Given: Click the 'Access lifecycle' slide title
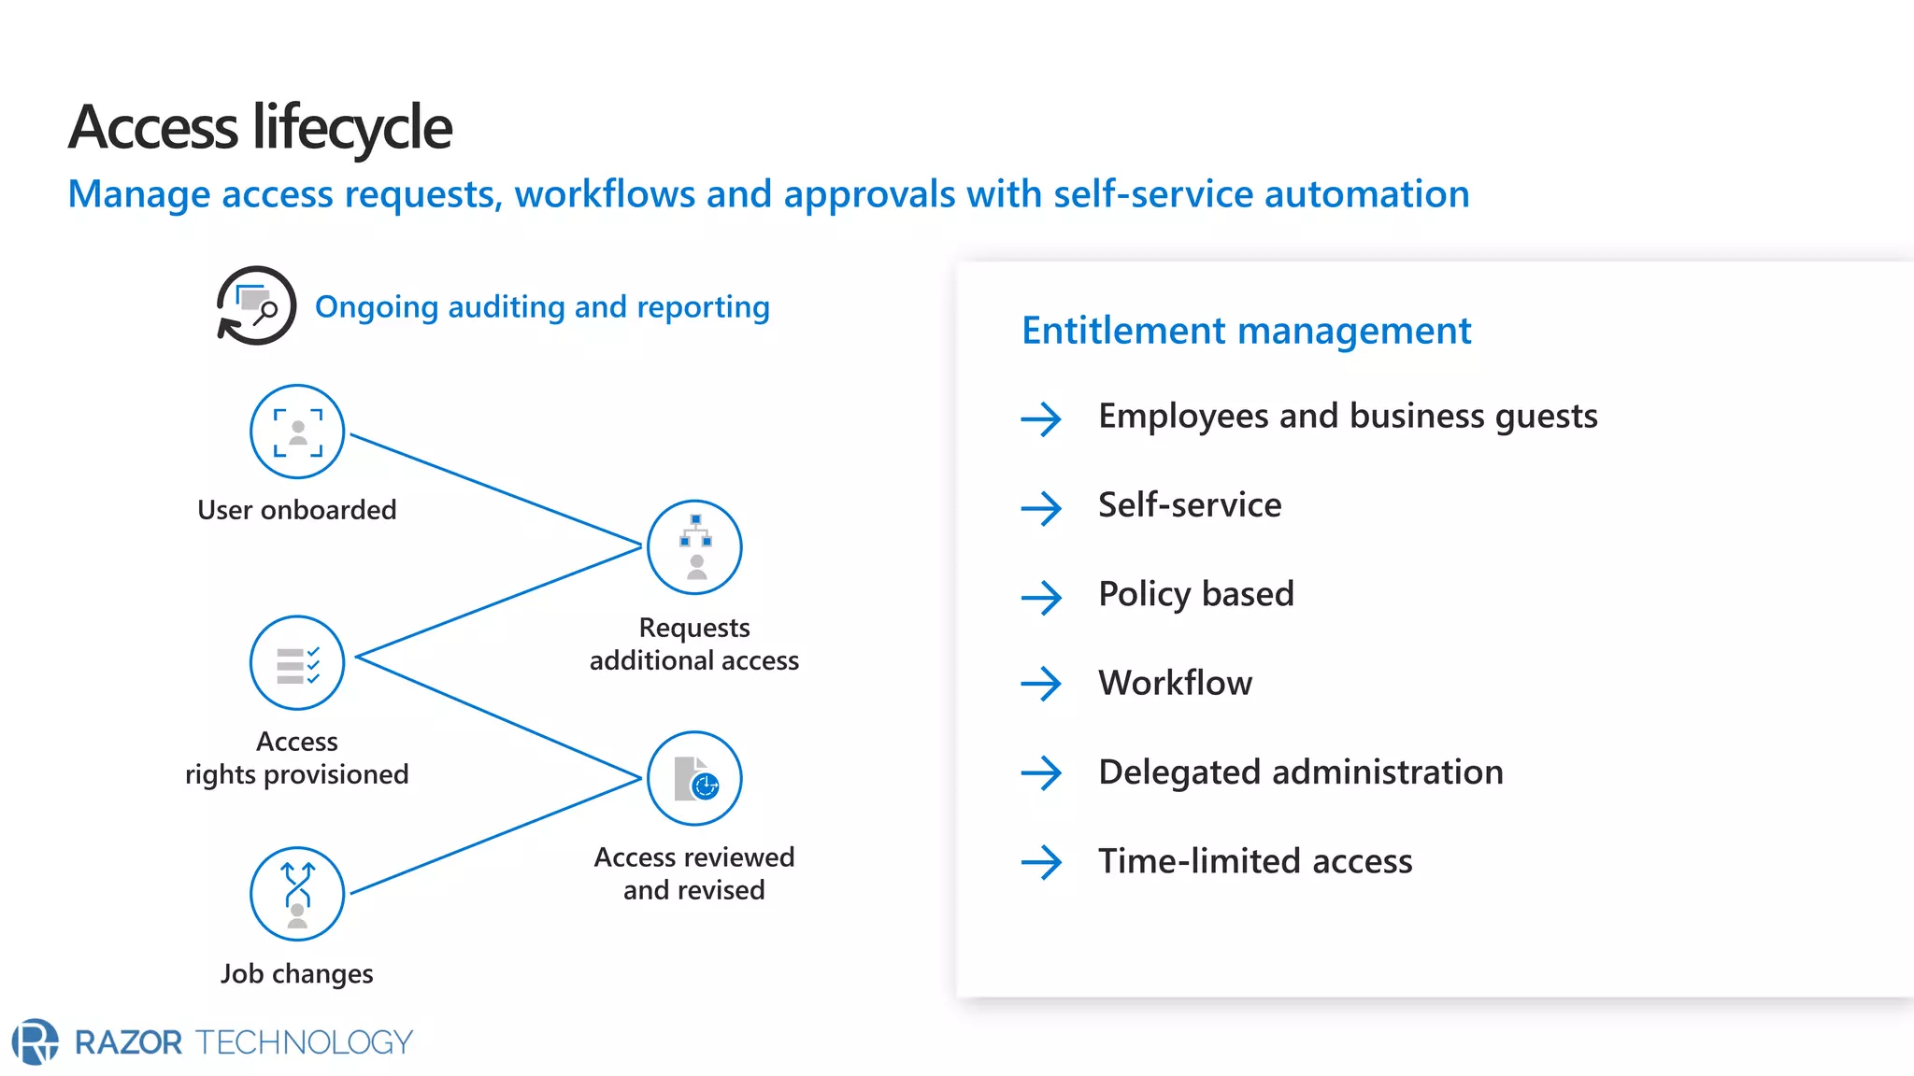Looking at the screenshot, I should pos(260,127).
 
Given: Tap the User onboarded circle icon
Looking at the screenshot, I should pos(297,432).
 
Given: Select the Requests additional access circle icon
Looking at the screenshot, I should pos(694,547).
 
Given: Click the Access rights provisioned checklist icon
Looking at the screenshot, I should pos(297,663).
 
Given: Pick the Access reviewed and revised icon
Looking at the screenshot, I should pos(694,778).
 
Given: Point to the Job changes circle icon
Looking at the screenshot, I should pos(297,894).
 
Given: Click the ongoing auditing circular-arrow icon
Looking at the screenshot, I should pos(256,305).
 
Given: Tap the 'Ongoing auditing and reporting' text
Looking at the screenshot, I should pos(542,306).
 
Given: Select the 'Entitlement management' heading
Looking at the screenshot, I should pos(1246,331).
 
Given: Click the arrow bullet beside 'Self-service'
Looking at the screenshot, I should pos(1041,508).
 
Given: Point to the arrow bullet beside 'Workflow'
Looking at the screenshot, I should pos(1041,684).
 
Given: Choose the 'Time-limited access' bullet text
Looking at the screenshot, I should pos(1254,861).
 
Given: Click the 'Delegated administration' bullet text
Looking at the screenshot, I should pos(1300,772).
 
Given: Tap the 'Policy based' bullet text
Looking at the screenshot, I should pos(1195,594).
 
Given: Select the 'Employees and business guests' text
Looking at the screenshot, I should pos(1347,417).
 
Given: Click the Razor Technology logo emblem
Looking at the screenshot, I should pos(36,1041).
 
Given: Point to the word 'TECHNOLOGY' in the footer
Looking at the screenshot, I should pos(304,1042).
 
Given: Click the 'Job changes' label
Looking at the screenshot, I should pos(296,974).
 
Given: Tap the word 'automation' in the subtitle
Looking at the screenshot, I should pos(1366,194).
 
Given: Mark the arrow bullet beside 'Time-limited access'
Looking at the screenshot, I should pos(1041,862).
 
